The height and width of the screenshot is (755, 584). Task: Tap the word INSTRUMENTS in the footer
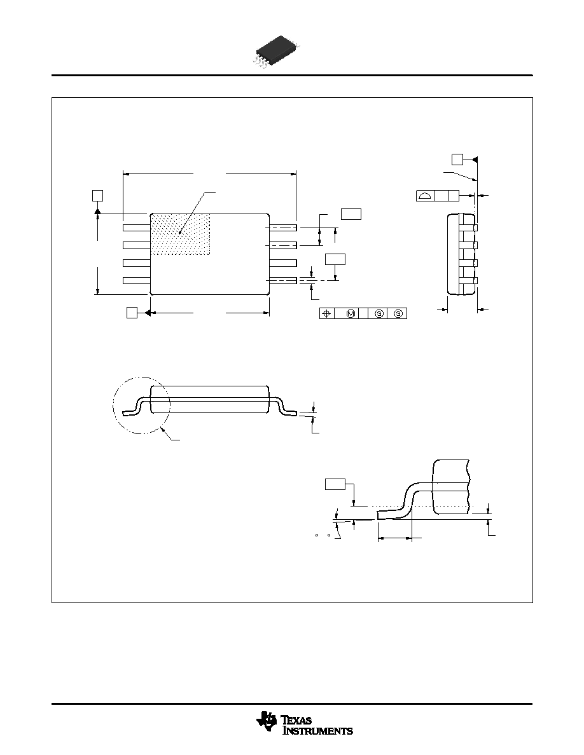coord(317,730)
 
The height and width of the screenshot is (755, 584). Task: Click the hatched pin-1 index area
coord(180,234)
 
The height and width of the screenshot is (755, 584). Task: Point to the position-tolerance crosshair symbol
coord(326,313)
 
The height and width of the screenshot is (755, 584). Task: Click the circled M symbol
coord(351,313)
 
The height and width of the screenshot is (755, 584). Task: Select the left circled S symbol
coord(379,313)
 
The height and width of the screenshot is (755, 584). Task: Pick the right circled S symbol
coord(398,313)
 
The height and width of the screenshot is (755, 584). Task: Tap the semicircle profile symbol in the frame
coord(425,196)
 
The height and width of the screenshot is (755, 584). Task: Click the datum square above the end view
coord(457,159)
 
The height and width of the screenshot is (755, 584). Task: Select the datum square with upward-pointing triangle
coord(97,195)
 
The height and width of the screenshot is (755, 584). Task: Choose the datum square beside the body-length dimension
coord(132,313)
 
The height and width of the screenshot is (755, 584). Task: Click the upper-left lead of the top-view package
coord(137,228)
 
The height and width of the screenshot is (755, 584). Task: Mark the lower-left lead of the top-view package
coord(137,280)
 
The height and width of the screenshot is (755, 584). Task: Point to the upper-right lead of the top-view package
coord(283,228)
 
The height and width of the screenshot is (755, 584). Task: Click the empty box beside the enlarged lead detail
coord(335,484)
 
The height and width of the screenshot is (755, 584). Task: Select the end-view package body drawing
coord(462,254)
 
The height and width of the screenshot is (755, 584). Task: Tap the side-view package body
coord(209,399)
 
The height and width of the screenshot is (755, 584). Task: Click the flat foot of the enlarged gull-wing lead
coord(391,515)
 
